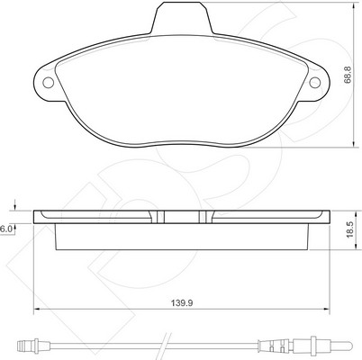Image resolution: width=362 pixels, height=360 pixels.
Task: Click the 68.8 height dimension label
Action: click(x=348, y=75)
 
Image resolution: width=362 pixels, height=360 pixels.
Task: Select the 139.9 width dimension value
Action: click(x=182, y=303)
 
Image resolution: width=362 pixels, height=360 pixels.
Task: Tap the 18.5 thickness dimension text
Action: click(x=350, y=230)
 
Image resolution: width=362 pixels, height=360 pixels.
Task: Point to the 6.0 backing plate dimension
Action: click(x=5, y=229)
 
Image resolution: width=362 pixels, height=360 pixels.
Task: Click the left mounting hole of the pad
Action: click(x=48, y=83)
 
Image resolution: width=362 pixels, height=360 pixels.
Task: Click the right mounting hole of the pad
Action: click(x=315, y=83)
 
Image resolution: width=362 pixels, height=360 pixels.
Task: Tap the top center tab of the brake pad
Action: click(x=182, y=17)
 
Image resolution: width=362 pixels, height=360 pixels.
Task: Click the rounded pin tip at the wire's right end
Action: click(x=349, y=345)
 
